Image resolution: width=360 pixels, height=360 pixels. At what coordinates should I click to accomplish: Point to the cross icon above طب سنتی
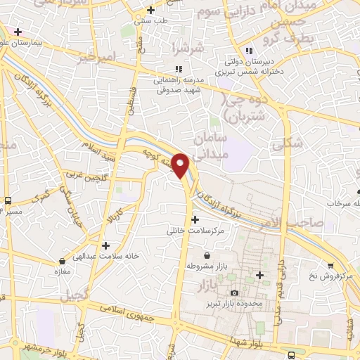tap(150, 10)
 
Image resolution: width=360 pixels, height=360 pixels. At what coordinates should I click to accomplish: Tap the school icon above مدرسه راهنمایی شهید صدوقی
tap(178, 69)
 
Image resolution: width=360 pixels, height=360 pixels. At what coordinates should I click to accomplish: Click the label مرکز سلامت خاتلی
tap(195, 230)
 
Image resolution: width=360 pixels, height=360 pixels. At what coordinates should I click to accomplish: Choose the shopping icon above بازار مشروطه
tap(207, 255)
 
